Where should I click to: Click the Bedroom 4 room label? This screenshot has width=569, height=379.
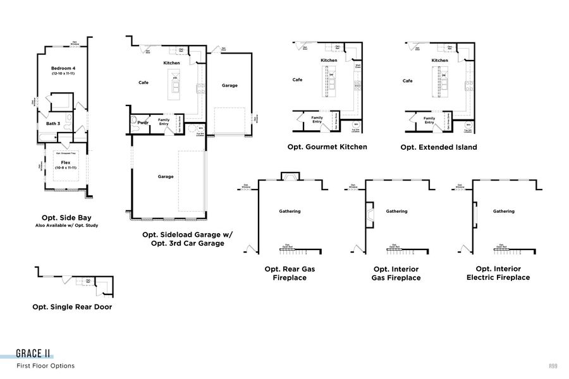click(x=63, y=68)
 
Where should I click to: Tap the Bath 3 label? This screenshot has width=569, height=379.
click(x=52, y=124)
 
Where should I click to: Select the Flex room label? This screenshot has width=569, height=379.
click(x=65, y=163)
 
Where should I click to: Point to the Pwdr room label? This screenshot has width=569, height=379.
click(x=142, y=122)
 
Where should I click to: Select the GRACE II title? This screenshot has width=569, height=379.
click(x=34, y=354)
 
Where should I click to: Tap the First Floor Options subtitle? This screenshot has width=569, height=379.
click(x=46, y=366)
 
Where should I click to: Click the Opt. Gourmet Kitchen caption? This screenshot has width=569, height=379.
click(x=327, y=147)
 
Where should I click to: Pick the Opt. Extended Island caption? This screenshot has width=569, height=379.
click(x=438, y=147)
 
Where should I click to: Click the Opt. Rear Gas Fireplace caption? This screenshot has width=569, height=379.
click(x=290, y=273)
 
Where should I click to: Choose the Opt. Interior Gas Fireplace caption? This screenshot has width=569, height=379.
click(x=396, y=273)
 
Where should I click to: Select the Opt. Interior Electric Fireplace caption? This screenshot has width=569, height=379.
click(x=498, y=273)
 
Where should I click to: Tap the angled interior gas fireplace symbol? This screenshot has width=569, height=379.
click(x=368, y=214)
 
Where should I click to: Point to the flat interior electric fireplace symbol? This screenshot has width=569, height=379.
click(x=474, y=214)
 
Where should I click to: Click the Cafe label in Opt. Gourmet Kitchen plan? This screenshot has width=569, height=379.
click(x=297, y=80)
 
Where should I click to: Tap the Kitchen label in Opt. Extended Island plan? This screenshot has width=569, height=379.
click(x=440, y=61)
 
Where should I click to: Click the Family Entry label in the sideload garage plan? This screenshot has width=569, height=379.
click(x=164, y=121)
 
